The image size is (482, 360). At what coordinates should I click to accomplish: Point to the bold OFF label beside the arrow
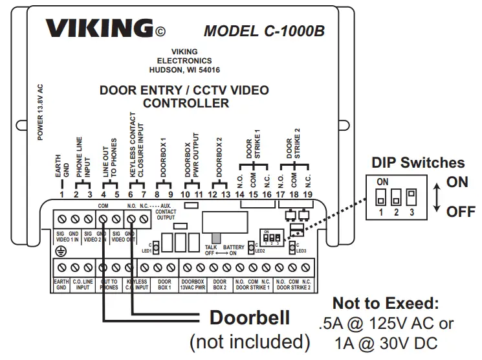(x=459, y=212)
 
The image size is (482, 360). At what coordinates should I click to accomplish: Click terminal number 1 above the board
(x=61, y=194)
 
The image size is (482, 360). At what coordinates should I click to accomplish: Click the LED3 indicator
(x=292, y=247)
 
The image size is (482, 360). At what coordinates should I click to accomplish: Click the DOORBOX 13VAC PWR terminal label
(x=193, y=285)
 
